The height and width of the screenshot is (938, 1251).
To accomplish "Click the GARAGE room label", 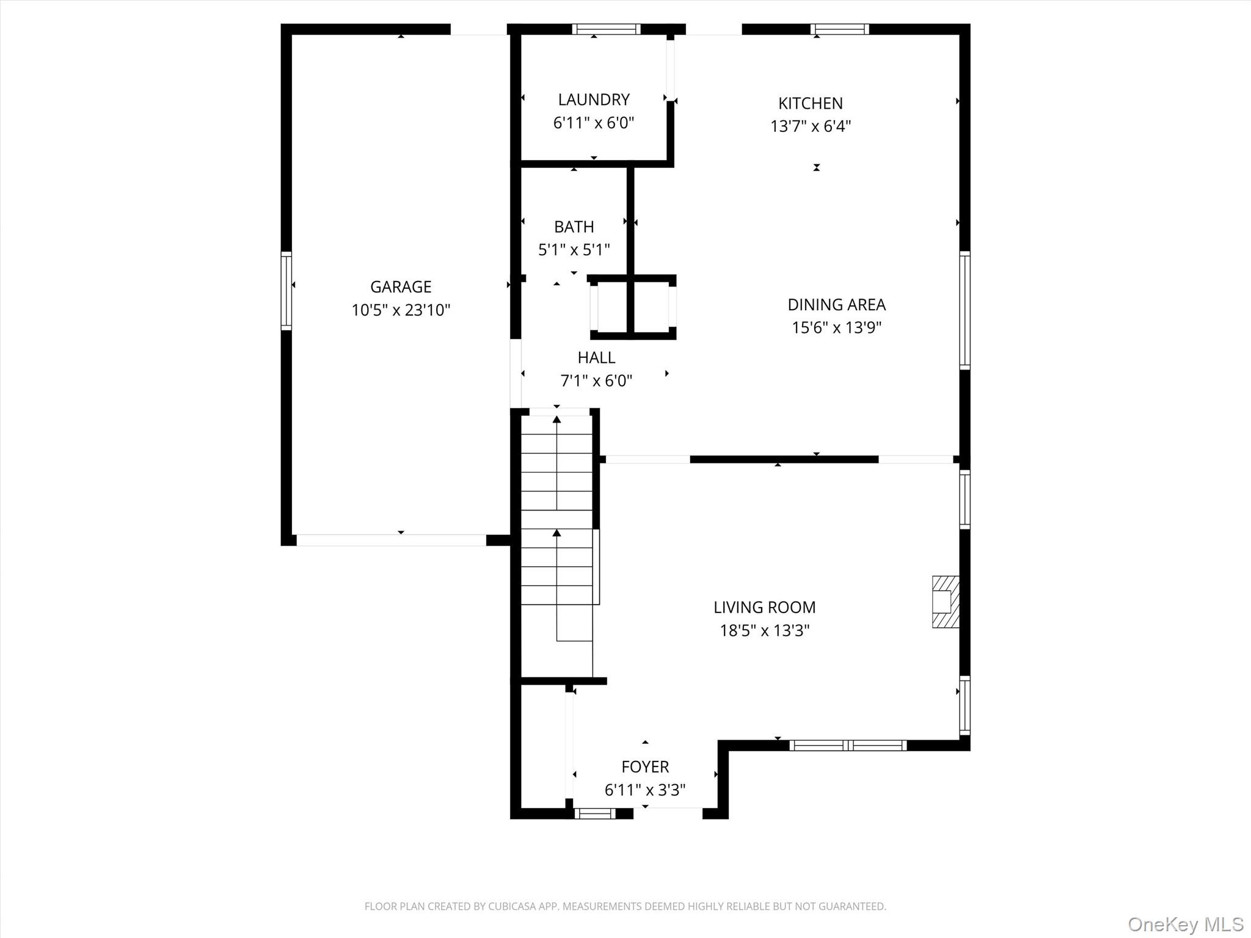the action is pos(401,286).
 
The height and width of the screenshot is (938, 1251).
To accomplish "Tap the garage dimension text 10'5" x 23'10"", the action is pos(401,310).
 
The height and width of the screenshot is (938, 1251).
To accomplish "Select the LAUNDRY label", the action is pos(594,100).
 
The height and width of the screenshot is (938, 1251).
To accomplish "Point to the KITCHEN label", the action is pos(811,103).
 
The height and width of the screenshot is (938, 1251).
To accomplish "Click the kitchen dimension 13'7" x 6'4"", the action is pos(811,126).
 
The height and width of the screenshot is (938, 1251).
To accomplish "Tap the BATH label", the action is pos(574,227).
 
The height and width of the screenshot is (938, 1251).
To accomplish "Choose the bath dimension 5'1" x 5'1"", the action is pos(574,250).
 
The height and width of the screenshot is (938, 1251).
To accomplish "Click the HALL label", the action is pos(597,357).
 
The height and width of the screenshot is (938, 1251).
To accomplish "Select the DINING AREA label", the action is pos(837,304).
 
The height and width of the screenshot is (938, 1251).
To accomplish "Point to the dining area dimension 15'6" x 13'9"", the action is pos(837,328).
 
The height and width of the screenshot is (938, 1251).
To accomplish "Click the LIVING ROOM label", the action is pos(765,607).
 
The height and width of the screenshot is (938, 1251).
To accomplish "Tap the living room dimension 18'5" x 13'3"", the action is pos(765,630).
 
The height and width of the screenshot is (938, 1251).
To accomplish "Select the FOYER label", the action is pos(645,766).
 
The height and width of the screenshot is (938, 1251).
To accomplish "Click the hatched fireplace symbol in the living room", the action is pos(946,602).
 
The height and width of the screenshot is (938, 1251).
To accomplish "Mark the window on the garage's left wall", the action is pos(286,291).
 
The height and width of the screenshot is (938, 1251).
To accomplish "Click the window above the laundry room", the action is pos(607,29).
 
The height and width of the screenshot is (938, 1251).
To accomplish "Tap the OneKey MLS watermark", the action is pos(1186,924).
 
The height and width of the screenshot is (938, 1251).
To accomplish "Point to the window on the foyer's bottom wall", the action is pos(594,813).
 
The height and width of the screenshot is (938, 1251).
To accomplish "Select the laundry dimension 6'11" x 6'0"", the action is pos(594,123).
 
